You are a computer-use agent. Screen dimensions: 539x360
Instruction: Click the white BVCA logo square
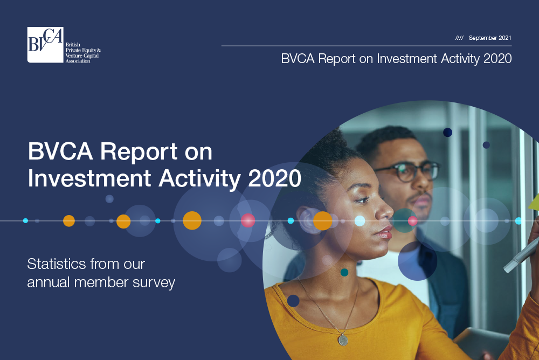(45, 45)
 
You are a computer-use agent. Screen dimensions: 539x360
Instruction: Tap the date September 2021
(490, 38)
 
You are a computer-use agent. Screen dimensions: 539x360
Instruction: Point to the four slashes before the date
(459, 38)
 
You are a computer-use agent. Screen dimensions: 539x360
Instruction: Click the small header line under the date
(367, 46)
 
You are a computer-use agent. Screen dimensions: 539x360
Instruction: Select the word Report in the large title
(138, 151)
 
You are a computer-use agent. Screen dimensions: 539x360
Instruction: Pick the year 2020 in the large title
(274, 178)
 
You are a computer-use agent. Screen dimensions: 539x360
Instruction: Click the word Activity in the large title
(199, 179)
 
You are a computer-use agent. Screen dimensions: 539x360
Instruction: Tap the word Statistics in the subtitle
(57, 264)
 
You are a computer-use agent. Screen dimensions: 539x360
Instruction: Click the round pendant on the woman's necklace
(343, 340)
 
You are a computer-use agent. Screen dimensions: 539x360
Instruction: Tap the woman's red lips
(385, 232)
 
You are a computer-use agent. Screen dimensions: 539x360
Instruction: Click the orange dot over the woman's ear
(322, 221)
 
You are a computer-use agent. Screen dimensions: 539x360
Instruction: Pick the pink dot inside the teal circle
(412, 221)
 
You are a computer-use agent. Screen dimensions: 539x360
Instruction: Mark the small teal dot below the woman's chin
(344, 273)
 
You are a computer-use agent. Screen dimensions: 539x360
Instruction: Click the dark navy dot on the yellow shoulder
(293, 301)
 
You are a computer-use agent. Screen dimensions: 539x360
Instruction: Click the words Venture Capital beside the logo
(82, 56)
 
